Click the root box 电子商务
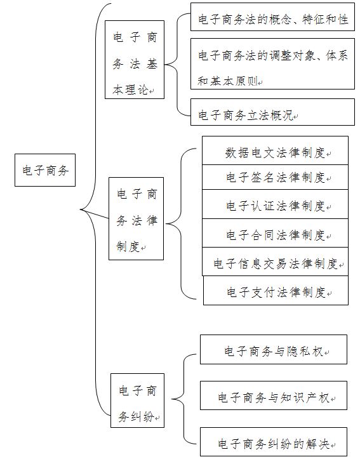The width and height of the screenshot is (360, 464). [45, 170]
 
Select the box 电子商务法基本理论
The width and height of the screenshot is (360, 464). [135, 60]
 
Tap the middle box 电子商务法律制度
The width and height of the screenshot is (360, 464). [136, 219]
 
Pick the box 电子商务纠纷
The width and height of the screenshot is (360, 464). [137, 401]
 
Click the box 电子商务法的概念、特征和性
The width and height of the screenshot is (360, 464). [272, 17]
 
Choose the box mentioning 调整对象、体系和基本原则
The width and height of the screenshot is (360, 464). [272, 63]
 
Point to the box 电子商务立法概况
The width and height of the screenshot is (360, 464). [272, 112]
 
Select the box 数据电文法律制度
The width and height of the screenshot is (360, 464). [275, 150]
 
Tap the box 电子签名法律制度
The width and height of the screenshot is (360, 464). [275, 177]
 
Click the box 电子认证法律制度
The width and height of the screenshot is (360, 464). [275, 204]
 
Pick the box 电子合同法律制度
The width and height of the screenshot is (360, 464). [275, 233]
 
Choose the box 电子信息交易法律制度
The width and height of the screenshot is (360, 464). [275, 262]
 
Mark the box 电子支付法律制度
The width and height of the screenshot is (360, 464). [276, 290]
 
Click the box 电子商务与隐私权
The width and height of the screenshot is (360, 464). [274, 350]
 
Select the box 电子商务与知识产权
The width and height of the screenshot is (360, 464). [274, 395]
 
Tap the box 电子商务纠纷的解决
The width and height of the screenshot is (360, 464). [274, 442]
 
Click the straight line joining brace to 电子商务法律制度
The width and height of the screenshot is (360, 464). [95, 215]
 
